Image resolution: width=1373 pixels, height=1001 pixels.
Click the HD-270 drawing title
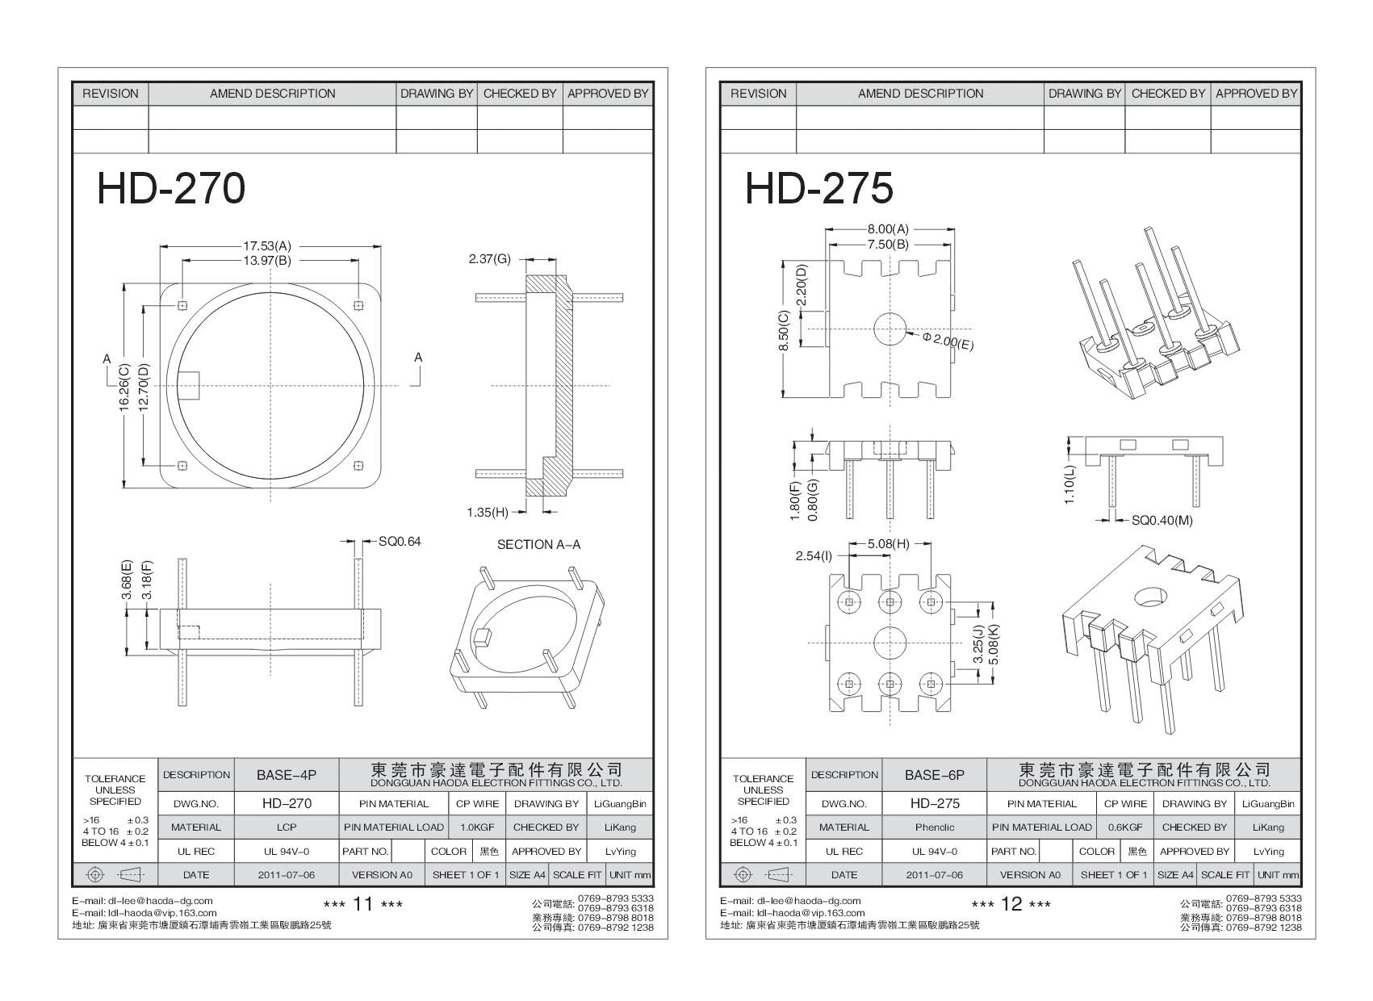170,189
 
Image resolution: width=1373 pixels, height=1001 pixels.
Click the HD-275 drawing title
818,189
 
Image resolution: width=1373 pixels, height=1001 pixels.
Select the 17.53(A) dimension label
267,245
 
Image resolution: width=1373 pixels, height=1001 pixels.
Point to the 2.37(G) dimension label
489,259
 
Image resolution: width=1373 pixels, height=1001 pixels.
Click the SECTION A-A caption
538,545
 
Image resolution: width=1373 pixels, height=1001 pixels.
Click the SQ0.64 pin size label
400,542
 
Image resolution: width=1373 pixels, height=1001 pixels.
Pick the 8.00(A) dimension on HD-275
888,230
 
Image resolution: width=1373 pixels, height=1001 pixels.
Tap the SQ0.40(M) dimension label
1162,521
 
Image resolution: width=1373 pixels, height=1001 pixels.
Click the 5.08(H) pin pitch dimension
888,544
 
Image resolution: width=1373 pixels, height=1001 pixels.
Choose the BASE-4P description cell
287,775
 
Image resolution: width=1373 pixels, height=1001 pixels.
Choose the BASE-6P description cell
935,775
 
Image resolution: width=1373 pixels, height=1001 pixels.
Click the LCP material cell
287,827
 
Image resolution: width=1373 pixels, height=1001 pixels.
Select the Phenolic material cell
935,827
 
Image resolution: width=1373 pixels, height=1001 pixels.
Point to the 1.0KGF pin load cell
476,827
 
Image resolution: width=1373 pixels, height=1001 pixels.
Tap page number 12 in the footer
1011,904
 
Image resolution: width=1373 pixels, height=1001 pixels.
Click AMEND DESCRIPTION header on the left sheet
272,94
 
